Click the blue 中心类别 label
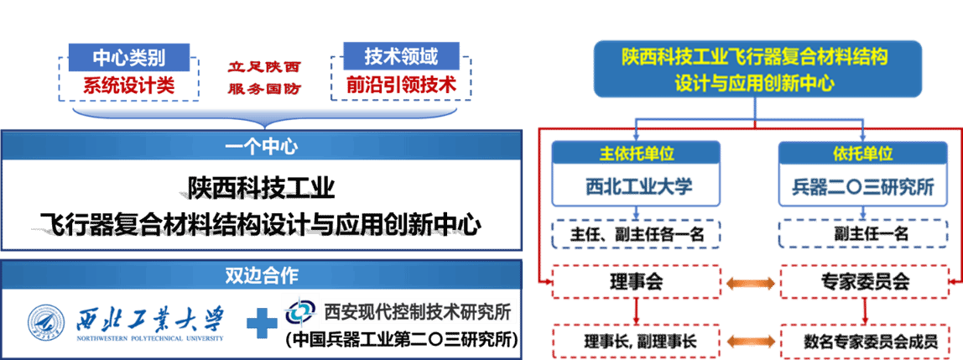click(x=128, y=57)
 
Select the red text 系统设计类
click(x=128, y=86)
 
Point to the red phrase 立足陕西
click(x=264, y=66)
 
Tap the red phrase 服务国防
click(x=264, y=88)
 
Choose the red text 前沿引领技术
click(x=401, y=85)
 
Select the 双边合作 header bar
click(x=261, y=275)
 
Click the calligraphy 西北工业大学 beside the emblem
click(x=151, y=319)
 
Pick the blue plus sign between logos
click(x=261, y=322)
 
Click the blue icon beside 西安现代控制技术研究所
click(x=299, y=312)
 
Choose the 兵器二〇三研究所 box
click(x=863, y=186)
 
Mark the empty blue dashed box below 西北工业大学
click(x=636, y=234)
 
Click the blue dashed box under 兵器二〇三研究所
click(x=863, y=234)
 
